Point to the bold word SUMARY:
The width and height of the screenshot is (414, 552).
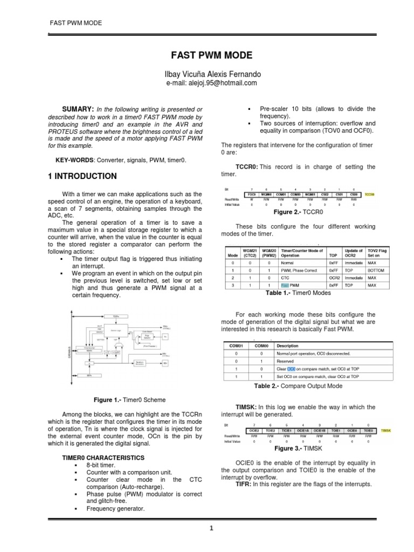point(79,109)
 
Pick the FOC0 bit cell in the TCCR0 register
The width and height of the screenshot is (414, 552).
point(250,194)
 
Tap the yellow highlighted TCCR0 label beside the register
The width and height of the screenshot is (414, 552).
point(369,194)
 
